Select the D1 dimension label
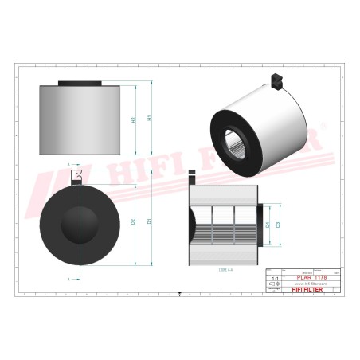pyautogui.click(x=149, y=221)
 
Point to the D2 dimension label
pyautogui.click(x=132, y=221)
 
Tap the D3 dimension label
pyautogui.click(x=278, y=225)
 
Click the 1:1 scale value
pyautogui.click(x=276, y=278)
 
